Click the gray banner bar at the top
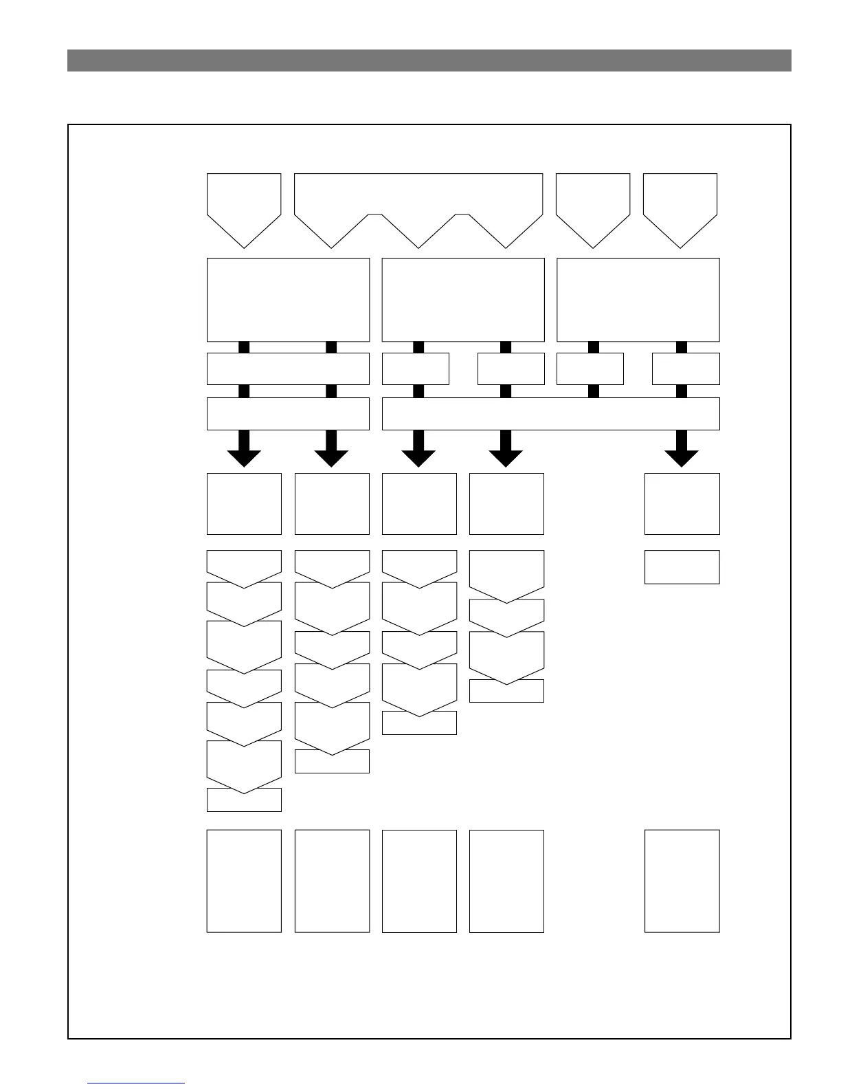429,60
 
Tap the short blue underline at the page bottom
137,1083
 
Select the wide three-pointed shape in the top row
418,199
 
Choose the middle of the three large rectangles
463,300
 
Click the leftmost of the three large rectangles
288,300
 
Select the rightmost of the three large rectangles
638,300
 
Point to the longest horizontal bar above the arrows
550,414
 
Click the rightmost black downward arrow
682,451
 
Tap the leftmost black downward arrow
244,451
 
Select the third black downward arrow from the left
418,451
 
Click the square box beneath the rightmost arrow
682,503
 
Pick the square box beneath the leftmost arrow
244,503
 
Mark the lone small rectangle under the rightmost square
682,566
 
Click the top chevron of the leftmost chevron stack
244,564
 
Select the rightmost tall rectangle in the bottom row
682,881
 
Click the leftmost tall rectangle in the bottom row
244,881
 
